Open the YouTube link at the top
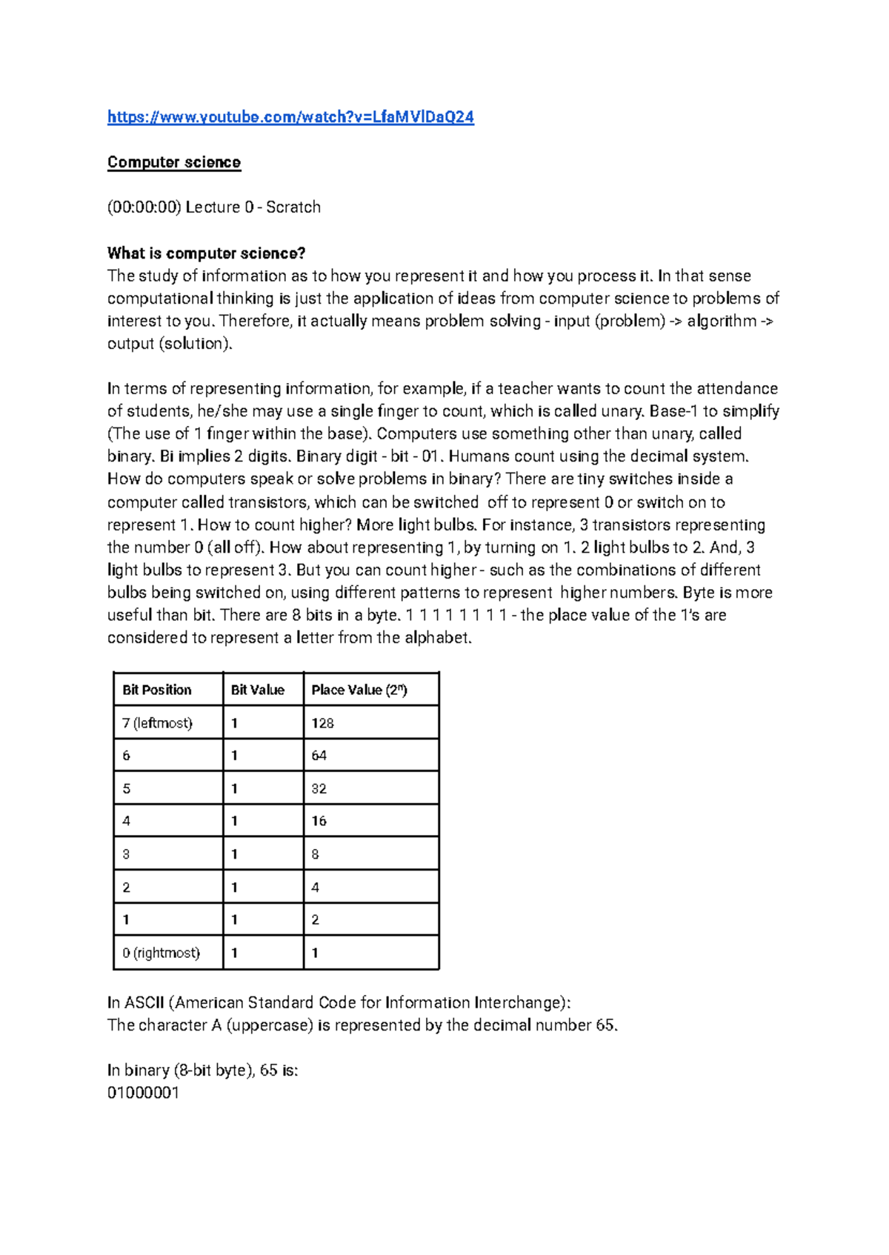290,117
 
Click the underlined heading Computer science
174,162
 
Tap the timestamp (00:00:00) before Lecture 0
144,207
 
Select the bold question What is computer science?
206,253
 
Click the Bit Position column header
157,690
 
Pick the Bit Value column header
258,690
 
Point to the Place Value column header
359,690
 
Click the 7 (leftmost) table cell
157,723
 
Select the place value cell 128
323,723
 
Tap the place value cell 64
319,756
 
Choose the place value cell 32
319,789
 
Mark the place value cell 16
319,821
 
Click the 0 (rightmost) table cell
161,953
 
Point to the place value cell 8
316,854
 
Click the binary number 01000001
143,1093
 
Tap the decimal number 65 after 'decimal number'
605,1025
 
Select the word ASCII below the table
144,1003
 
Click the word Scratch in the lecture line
293,207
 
